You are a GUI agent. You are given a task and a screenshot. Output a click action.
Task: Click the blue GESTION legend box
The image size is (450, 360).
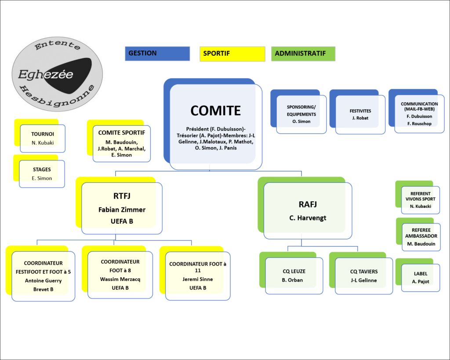coord(157,54)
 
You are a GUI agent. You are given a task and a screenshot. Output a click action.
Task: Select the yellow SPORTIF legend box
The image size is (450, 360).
coord(232,54)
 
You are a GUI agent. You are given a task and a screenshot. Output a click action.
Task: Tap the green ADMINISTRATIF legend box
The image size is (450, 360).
coord(303,54)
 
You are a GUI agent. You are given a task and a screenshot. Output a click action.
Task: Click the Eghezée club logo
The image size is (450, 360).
coord(57,74)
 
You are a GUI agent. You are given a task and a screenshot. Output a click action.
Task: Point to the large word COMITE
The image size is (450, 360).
coord(215,110)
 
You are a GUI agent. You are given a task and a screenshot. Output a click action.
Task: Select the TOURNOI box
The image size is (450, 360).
coord(43,138)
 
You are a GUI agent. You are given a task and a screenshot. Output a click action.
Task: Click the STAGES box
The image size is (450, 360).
coord(42,174)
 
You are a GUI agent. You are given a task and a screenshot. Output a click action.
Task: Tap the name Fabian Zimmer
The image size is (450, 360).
coord(122,210)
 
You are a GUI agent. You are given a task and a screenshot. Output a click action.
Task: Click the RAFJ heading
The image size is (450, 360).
coord(308,204)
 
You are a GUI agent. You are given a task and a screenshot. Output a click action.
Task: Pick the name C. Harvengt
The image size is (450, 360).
coord(308,218)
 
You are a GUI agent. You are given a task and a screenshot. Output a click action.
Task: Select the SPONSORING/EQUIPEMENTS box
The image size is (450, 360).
coord(301,114)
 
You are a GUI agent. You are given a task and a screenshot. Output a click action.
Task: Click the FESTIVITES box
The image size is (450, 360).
coord(360,114)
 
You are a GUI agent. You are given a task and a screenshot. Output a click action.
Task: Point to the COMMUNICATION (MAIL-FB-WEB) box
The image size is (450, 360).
coord(419,113)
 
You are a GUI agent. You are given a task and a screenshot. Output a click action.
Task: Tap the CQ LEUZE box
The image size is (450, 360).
coord(294,276)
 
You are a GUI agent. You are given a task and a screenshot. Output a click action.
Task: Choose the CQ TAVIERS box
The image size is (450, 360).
coord(363,276)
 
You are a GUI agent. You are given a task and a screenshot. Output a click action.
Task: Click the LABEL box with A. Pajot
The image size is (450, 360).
coord(421,277)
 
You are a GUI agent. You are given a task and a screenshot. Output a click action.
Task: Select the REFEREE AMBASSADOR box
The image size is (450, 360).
coord(421,236)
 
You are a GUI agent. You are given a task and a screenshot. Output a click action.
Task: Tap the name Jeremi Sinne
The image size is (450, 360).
coord(198,279)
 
